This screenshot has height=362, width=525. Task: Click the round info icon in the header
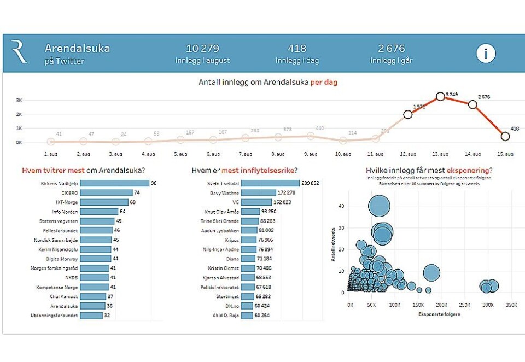coord(485,54)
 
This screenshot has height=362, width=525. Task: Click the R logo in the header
coord(19,52)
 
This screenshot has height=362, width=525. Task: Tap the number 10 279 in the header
coord(202,49)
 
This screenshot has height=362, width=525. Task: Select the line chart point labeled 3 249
coord(440,97)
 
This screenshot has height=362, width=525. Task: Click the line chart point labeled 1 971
coord(408,114)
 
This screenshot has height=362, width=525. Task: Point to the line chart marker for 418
coord(505,136)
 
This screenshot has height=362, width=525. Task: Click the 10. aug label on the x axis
coord(343,154)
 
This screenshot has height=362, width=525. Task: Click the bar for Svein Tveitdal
coord(270,183)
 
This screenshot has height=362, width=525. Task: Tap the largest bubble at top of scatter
coord(379,207)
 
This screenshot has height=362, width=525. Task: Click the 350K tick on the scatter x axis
coord(510,304)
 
